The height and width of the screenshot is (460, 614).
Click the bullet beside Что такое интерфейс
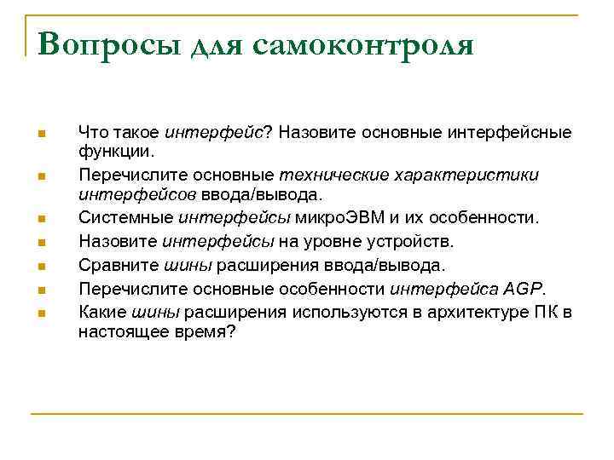(x=39, y=133)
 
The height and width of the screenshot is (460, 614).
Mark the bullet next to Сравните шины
(x=39, y=266)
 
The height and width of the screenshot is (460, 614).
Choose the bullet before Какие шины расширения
(x=39, y=313)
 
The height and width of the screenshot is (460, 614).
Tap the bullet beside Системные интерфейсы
(x=39, y=219)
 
